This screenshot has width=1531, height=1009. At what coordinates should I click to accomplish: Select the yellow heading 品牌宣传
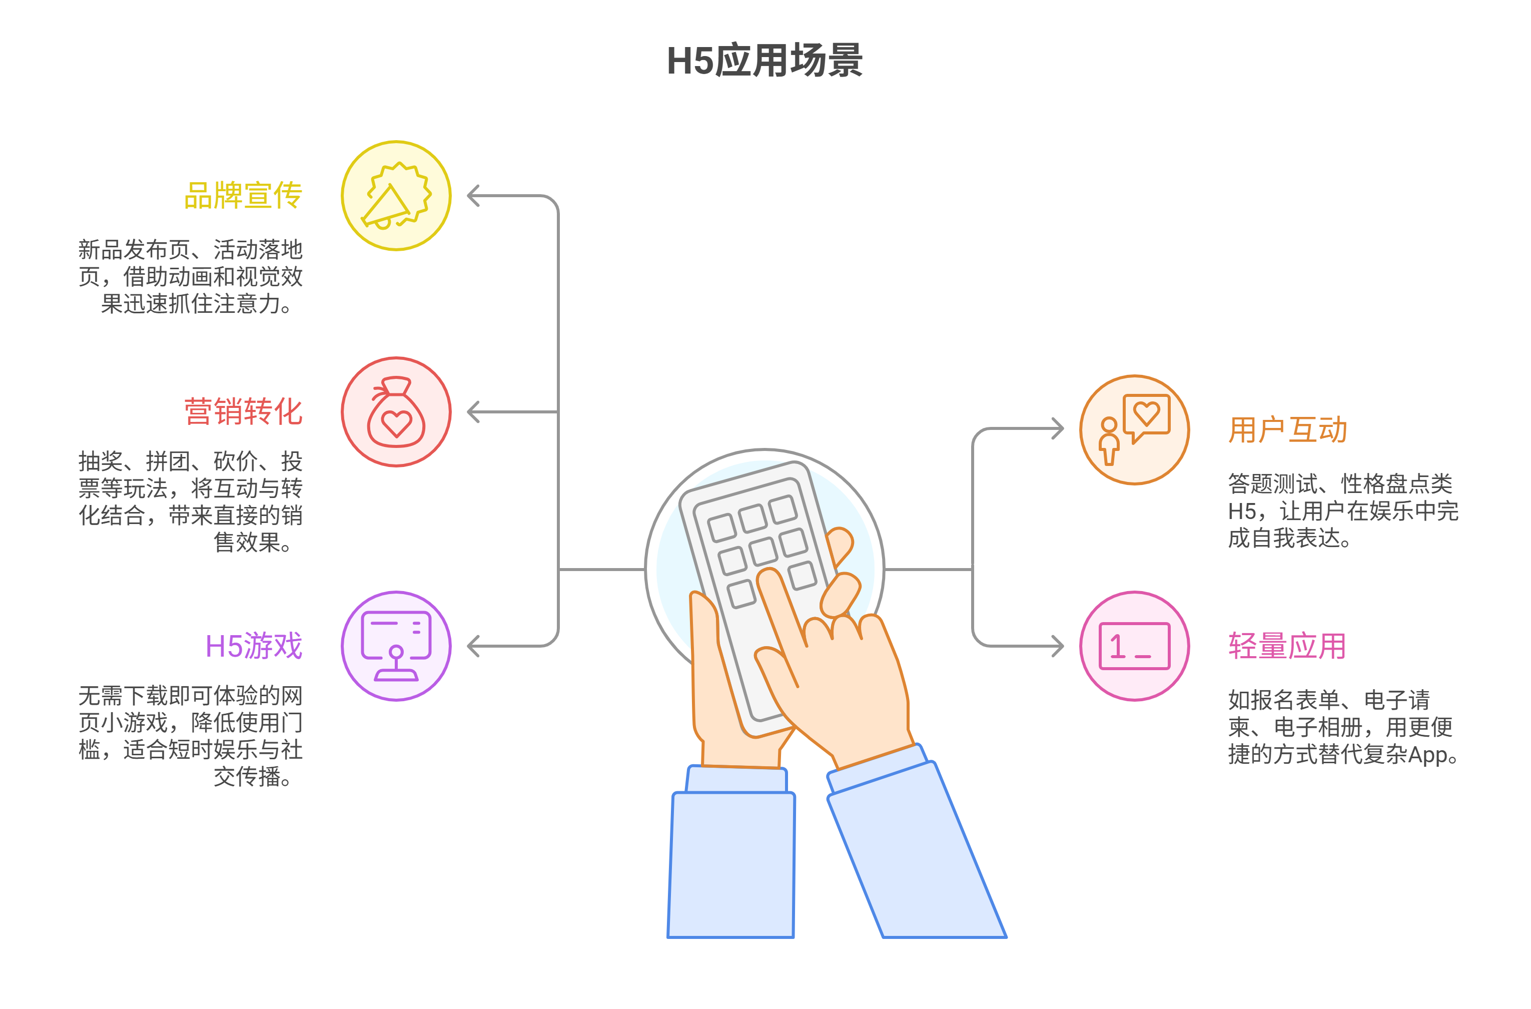[243, 196]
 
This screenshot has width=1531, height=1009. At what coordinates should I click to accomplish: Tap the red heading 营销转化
[243, 412]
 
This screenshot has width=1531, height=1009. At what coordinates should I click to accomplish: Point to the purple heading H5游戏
[254, 646]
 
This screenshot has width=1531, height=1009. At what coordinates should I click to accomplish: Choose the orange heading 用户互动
[1287, 430]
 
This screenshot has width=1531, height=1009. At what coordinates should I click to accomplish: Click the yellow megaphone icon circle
[396, 196]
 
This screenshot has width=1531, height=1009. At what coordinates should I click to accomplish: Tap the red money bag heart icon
[396, 412]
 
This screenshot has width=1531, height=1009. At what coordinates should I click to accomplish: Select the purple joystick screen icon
[396, 646]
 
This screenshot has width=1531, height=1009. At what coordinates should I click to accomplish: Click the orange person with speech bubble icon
[1135, 430]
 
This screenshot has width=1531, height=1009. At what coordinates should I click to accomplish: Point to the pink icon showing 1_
[1135, 646]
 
